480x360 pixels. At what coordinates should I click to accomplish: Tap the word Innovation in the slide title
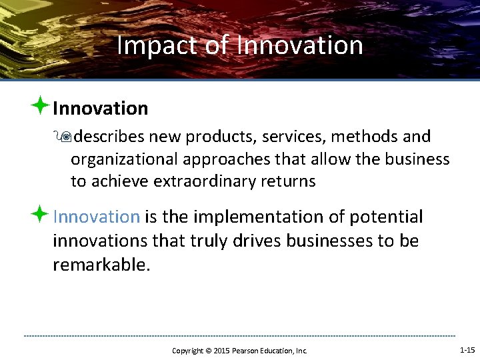[300, 45]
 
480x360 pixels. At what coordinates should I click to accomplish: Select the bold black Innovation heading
[100, 108]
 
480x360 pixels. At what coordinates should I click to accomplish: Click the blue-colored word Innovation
[96, 217]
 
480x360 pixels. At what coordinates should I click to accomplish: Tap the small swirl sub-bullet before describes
[64, 137]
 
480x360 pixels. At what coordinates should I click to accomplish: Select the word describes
[110, 137]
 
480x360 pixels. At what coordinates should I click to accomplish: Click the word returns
[290, 181]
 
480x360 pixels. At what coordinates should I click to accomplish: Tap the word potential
[386, 217]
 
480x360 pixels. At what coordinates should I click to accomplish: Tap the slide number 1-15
[467, 350]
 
